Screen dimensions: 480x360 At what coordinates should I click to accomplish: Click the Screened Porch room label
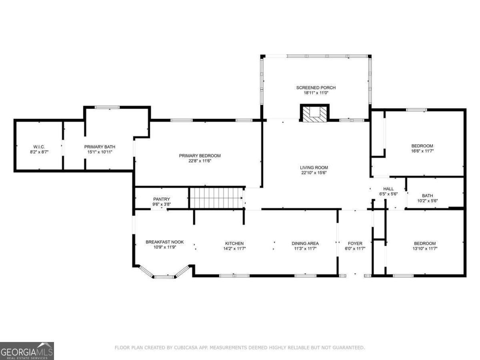coord(316,88)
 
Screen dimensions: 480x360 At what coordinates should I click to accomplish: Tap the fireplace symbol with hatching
coord(314,113)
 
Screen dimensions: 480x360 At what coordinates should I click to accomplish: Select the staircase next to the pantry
coord(216,198)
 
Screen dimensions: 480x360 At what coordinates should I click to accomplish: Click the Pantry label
coord(161,199)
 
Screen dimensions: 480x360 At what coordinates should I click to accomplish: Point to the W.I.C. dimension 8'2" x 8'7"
coord(39,152)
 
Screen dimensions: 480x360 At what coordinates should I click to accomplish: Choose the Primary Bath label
coord(100,147)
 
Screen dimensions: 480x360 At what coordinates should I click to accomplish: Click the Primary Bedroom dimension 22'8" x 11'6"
coord(200,161)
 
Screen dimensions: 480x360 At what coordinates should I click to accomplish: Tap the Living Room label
coord(314,168)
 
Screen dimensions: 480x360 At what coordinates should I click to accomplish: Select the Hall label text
coord(388,189)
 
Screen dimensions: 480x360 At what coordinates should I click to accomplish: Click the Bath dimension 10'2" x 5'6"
coord(428,201)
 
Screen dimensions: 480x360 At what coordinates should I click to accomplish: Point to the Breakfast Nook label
coord(165,242)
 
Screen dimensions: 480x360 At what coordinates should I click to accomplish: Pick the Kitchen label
coord(234,243)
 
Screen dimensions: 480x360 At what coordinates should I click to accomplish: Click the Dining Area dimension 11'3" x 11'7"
coord(305,248)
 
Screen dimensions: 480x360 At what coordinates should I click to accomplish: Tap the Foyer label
coord(355,243)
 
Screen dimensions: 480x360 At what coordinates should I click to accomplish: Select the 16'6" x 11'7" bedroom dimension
coord(422,151)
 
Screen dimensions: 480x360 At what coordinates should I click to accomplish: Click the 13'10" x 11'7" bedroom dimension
coord(425,248)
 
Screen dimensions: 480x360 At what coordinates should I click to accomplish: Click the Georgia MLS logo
coord(27,351)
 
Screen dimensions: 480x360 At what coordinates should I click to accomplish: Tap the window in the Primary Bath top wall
coord(107,107)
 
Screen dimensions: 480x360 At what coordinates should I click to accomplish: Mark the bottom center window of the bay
coord(164,277)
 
